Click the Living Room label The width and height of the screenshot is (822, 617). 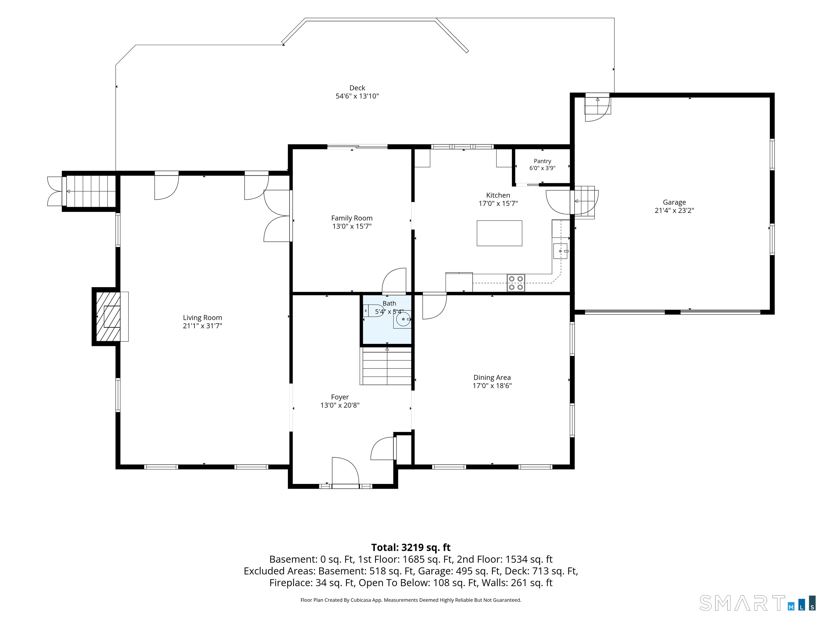pyautogui.click(x=202, y=318)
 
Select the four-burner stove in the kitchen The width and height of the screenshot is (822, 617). pyautogui.click(x=516, y=283)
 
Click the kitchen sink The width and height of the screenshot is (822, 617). pyautogui.click(x=560, y=251)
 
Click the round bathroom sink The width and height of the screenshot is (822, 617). pyautogui.click(x=403, y=319)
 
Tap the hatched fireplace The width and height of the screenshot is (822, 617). pyautogui.click(x=108, y=317)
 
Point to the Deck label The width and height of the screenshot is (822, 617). pyautogui.click(x=357, y=88)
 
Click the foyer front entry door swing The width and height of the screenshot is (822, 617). pyautogui.click(x=345, y=471)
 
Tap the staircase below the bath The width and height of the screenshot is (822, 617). pyautogui.click(x=387, y=366)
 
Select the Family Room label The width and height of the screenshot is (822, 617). pyautogui.click(x=352, y=218)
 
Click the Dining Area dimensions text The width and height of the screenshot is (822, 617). pyautogui.click(x=492, y=386)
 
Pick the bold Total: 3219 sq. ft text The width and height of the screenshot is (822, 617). pyautogui.click(x=411, y=547)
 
